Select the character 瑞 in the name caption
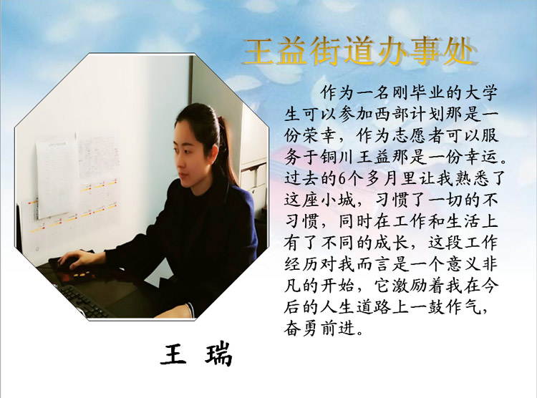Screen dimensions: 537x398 tap(218, 353)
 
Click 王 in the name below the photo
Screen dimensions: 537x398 tap(173, 353)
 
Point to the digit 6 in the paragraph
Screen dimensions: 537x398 tap(342, 179)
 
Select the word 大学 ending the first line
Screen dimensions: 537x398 tap(480, 93)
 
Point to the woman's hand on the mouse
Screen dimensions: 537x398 tap(73, 259)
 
